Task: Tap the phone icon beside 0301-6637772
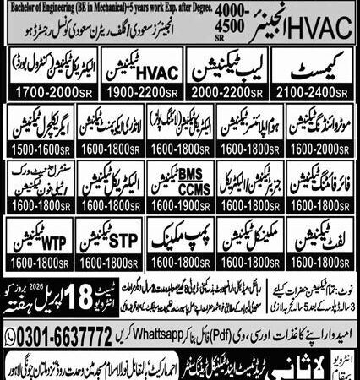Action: pyautogui.click(x=11, y=328)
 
